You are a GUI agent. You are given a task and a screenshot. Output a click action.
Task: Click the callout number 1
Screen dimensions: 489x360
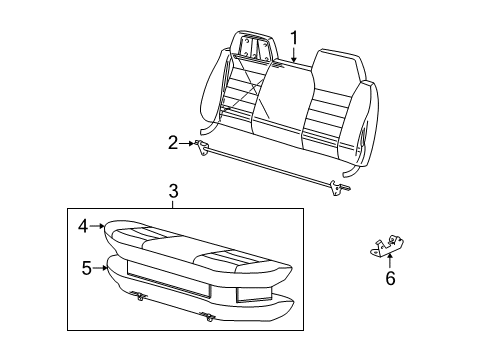coord(294,39)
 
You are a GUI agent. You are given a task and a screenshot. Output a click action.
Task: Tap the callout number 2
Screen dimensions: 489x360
coord(173,143)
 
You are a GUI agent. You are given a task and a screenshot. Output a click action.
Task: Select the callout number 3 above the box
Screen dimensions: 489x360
coord(173,191)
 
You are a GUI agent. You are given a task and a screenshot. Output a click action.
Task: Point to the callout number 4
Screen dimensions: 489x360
coord(84,226)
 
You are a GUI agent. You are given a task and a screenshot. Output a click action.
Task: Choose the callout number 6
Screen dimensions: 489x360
coord(390,279)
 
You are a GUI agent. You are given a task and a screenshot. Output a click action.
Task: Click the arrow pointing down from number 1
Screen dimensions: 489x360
coord(293,56)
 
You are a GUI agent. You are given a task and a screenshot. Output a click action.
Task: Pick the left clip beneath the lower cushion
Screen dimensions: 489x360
coord(137,295)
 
